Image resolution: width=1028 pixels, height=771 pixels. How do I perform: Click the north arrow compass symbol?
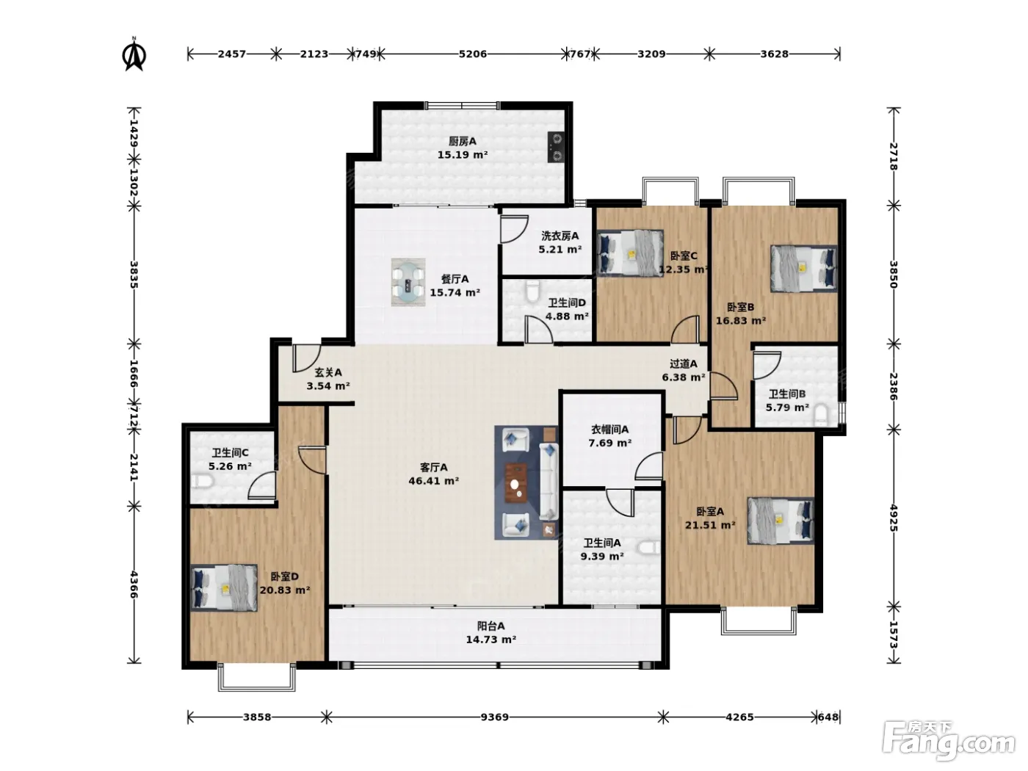click(x=134, y=55)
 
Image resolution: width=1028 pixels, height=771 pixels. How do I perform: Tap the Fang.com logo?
click(x=949, y=741)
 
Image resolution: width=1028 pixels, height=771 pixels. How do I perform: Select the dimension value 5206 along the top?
click(x=473, y=54)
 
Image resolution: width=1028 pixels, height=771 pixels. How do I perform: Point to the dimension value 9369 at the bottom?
click(x=494, y=717)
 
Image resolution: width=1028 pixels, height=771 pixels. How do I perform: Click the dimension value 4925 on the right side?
click(x=893, y=518)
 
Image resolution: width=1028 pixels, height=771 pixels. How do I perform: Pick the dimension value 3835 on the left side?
click(x=134, y=275)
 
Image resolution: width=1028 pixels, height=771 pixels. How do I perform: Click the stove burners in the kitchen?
click(x=556, y=147)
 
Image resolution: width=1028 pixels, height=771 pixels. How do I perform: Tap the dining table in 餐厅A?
click(x=408, y=282)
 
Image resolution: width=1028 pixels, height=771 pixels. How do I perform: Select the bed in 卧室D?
click(x=224, y=587)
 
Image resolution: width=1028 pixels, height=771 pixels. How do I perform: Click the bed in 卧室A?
click(x=781, y=521)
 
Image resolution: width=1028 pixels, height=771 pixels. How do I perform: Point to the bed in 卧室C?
click(x=630, y=253)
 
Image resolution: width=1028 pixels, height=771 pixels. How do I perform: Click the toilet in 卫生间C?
click(x=203, y=481)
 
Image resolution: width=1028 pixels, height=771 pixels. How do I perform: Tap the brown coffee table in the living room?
click(x=515, y=482)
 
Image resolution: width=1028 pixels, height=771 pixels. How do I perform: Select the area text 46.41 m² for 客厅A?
click(x=433, y=480)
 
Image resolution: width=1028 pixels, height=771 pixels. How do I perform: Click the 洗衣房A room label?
click(x=560, y=236)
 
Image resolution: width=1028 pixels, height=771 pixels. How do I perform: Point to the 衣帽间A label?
click(x=609, y=430)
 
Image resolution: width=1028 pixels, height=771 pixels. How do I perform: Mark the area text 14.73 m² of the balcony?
click(x=491, y=639)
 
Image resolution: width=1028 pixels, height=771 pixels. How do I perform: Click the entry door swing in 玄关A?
click(x=305, y=358)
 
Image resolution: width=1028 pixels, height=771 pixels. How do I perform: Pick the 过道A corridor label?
click(x=684, y=363)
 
